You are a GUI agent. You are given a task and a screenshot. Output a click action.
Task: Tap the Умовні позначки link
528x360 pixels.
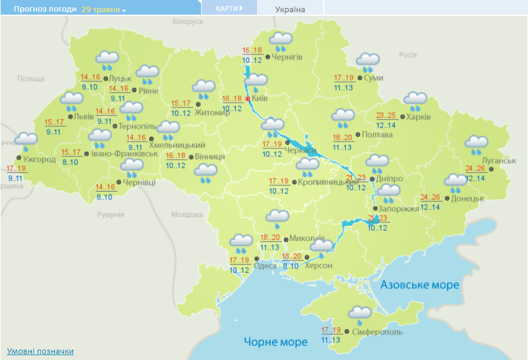pyautogui.click(x=40, y=351)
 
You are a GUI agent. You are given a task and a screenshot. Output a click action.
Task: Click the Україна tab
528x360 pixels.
pyautogui.click(x=290, y=9)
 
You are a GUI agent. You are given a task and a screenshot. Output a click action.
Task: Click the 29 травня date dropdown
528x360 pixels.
pyautogui.click(x=103, y=10)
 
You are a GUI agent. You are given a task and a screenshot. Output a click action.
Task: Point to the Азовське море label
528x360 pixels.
pyautogui.click(x=419, y=285)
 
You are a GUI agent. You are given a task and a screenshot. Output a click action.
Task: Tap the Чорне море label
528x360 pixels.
pyautogui.click(x=276, y=342)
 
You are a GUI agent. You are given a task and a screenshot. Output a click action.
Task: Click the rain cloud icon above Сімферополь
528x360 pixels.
pyautogui.click(x=360, y=315)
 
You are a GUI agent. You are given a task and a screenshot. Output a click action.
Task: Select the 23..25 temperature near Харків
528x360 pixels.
pyautogui.click(x=387, y=115)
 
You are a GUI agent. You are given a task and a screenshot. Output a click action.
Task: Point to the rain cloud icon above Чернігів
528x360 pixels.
pyautogui.click(x=281, y=41)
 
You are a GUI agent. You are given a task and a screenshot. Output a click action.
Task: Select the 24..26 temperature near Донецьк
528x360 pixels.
pyautogui.click(x=431, y=197)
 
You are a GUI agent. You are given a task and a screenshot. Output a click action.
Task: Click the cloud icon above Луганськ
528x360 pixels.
pyautogui.click(x=476, y=145)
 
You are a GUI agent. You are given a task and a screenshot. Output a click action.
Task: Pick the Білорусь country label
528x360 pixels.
pyautogui.click(x=187, y=21)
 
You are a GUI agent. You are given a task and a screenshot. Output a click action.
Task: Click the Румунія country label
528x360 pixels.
pyautogui.click(x=110, y=215)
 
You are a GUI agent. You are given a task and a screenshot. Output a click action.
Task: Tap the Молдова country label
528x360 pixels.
pyautogui.click(x=187, y=215)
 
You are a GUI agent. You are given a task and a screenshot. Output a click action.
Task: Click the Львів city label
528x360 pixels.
pyautogui.click(x=84, y=117)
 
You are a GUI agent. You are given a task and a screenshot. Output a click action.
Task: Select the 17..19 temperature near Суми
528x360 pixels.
pyautogui.click(x=344, y=77)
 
